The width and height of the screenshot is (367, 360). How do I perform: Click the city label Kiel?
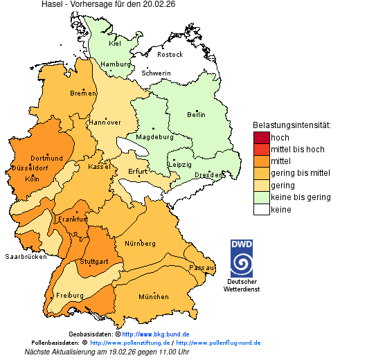coord(115,43)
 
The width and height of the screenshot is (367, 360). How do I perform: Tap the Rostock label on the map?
coord(170,54)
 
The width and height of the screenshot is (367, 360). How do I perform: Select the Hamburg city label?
coord(116,64)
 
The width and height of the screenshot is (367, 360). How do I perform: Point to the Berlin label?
coord(196,114)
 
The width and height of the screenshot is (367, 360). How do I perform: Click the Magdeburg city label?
coord(154,136)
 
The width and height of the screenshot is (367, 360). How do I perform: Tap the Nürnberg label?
coord(141,244)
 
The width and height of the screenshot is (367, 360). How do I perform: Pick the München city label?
coord(153,297)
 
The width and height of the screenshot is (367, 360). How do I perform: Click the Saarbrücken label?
coord(26,256)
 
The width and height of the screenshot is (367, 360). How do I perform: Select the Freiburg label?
coord(70,296)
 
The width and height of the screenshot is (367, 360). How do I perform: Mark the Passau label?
coord(202,267)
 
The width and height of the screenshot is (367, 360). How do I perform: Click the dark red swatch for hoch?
coord(261,138)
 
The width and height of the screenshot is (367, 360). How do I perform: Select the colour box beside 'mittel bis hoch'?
coord(261,150)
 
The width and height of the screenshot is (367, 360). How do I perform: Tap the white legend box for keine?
coord(261,209)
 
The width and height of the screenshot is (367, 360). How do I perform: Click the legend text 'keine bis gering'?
coord(301,197)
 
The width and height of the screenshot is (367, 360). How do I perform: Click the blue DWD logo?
coord(242,258)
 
